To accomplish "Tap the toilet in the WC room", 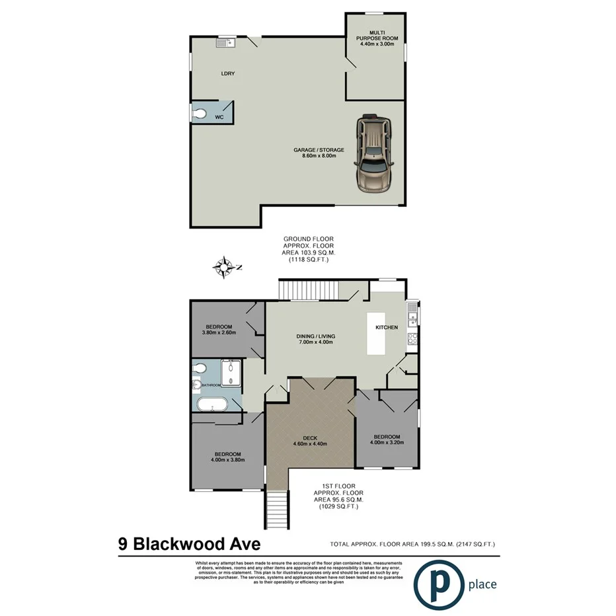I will click(201, 115).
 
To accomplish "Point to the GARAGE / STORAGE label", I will click(319, 153).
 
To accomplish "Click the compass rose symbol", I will click(225, 268).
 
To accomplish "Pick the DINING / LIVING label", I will click(314, 338).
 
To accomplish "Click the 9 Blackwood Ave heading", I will click(189, 544).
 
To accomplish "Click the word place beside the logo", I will click(482, 584).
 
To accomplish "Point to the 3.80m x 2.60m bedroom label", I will click(219, 329).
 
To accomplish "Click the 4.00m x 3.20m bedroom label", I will click(387, 440).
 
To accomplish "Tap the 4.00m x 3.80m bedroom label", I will click(227, 457).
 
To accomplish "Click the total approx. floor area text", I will click(412, 544).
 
